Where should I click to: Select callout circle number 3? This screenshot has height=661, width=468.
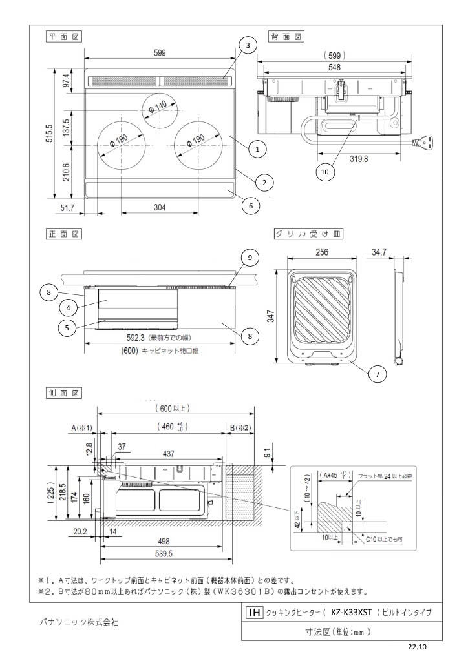pos(246,45)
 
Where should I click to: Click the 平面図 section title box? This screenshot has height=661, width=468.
pos(62,37)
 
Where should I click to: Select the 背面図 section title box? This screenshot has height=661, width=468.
pos(284,37)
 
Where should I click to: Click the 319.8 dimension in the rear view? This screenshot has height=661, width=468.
pos(359,159)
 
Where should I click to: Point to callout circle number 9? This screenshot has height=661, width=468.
pos(251,258)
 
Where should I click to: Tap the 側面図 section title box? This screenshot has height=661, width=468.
pos(62,392)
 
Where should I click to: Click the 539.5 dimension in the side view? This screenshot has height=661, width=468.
pos(162,554)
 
